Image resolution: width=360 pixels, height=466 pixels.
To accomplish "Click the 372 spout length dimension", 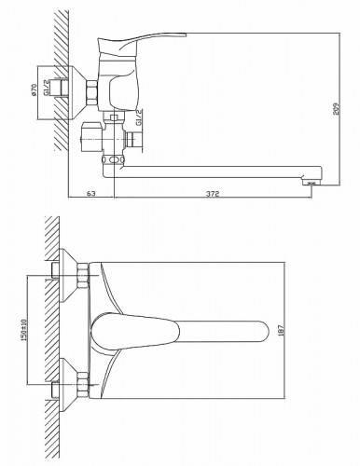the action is click(x=213, y=194).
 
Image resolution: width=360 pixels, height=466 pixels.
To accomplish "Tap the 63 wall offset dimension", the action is click(x=90, y=194).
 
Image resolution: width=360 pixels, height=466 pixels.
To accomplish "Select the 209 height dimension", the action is click(x=336, y=108).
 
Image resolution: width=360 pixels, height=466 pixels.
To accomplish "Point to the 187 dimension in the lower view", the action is click(x=281, y=330).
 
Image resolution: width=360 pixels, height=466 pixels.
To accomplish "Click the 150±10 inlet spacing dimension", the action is click(x=24, y=330).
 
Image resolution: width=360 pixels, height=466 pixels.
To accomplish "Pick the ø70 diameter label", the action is click(x=34, y=89).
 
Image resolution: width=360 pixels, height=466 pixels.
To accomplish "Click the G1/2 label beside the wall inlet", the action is click(x=46, y=88).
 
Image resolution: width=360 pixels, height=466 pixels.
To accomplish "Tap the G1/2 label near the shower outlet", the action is click(x=139, y=117).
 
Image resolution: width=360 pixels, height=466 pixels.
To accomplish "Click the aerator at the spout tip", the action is click(x=310, y=183).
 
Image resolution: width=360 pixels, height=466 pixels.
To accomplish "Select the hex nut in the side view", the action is click(x=92, y=92).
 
